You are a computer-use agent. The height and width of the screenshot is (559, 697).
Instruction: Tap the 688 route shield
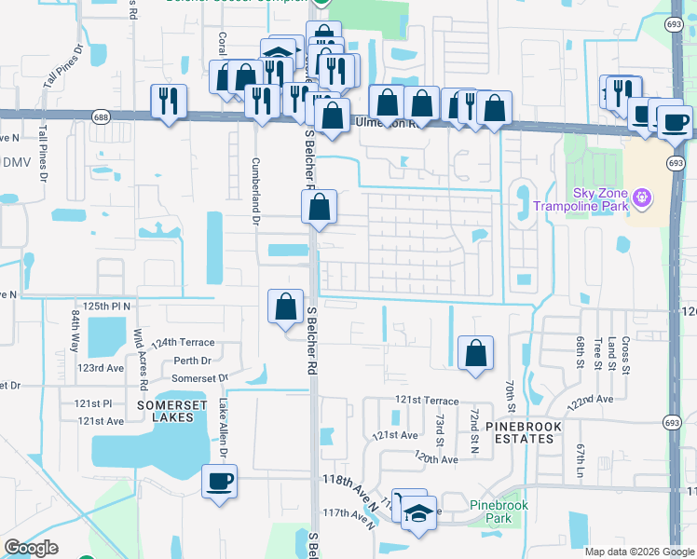click(x=100, y=115)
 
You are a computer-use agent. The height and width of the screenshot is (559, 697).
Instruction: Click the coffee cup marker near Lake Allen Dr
click(x=219, y=482)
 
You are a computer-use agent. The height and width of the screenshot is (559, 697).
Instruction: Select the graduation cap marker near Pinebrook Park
click(x=419, y=512)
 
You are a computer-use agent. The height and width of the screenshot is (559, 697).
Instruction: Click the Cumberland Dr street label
click(x=253, y=190)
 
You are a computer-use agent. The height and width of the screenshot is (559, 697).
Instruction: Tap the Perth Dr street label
click(x=192, y=360)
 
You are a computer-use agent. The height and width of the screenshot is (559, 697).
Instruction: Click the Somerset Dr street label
click(x=200, y=377)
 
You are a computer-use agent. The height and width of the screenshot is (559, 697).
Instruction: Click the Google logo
click(x=31, y=548)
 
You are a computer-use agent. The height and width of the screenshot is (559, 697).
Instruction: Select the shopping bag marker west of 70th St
click(x=475, y=353)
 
